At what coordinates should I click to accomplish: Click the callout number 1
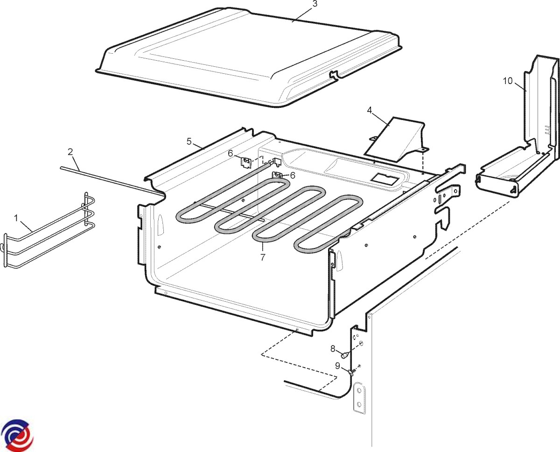pyautogui.click(x=16, y=218)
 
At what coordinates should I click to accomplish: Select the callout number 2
pyautogui.click(x=70, y=152)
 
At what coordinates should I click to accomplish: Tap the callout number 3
pyautogui.click(x=315, y=4)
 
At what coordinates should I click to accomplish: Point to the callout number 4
pyautogui.click(x=370, y=110)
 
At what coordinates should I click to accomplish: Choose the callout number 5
pyautogui.click(x=189, y=141)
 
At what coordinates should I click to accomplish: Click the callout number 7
pyautogui.click(x=263, y=257)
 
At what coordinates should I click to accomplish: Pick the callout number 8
pyautogui.click(x=333, y=349)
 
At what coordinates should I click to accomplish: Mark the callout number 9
pyautogui.click(x=337, y=366)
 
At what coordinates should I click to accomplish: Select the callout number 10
pyautogui.click(x=508, y=81)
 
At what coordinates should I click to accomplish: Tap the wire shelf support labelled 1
pyautogui.click(x=49, y=230)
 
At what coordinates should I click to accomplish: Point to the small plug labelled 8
pyautogui.click(x=345, y=355)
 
